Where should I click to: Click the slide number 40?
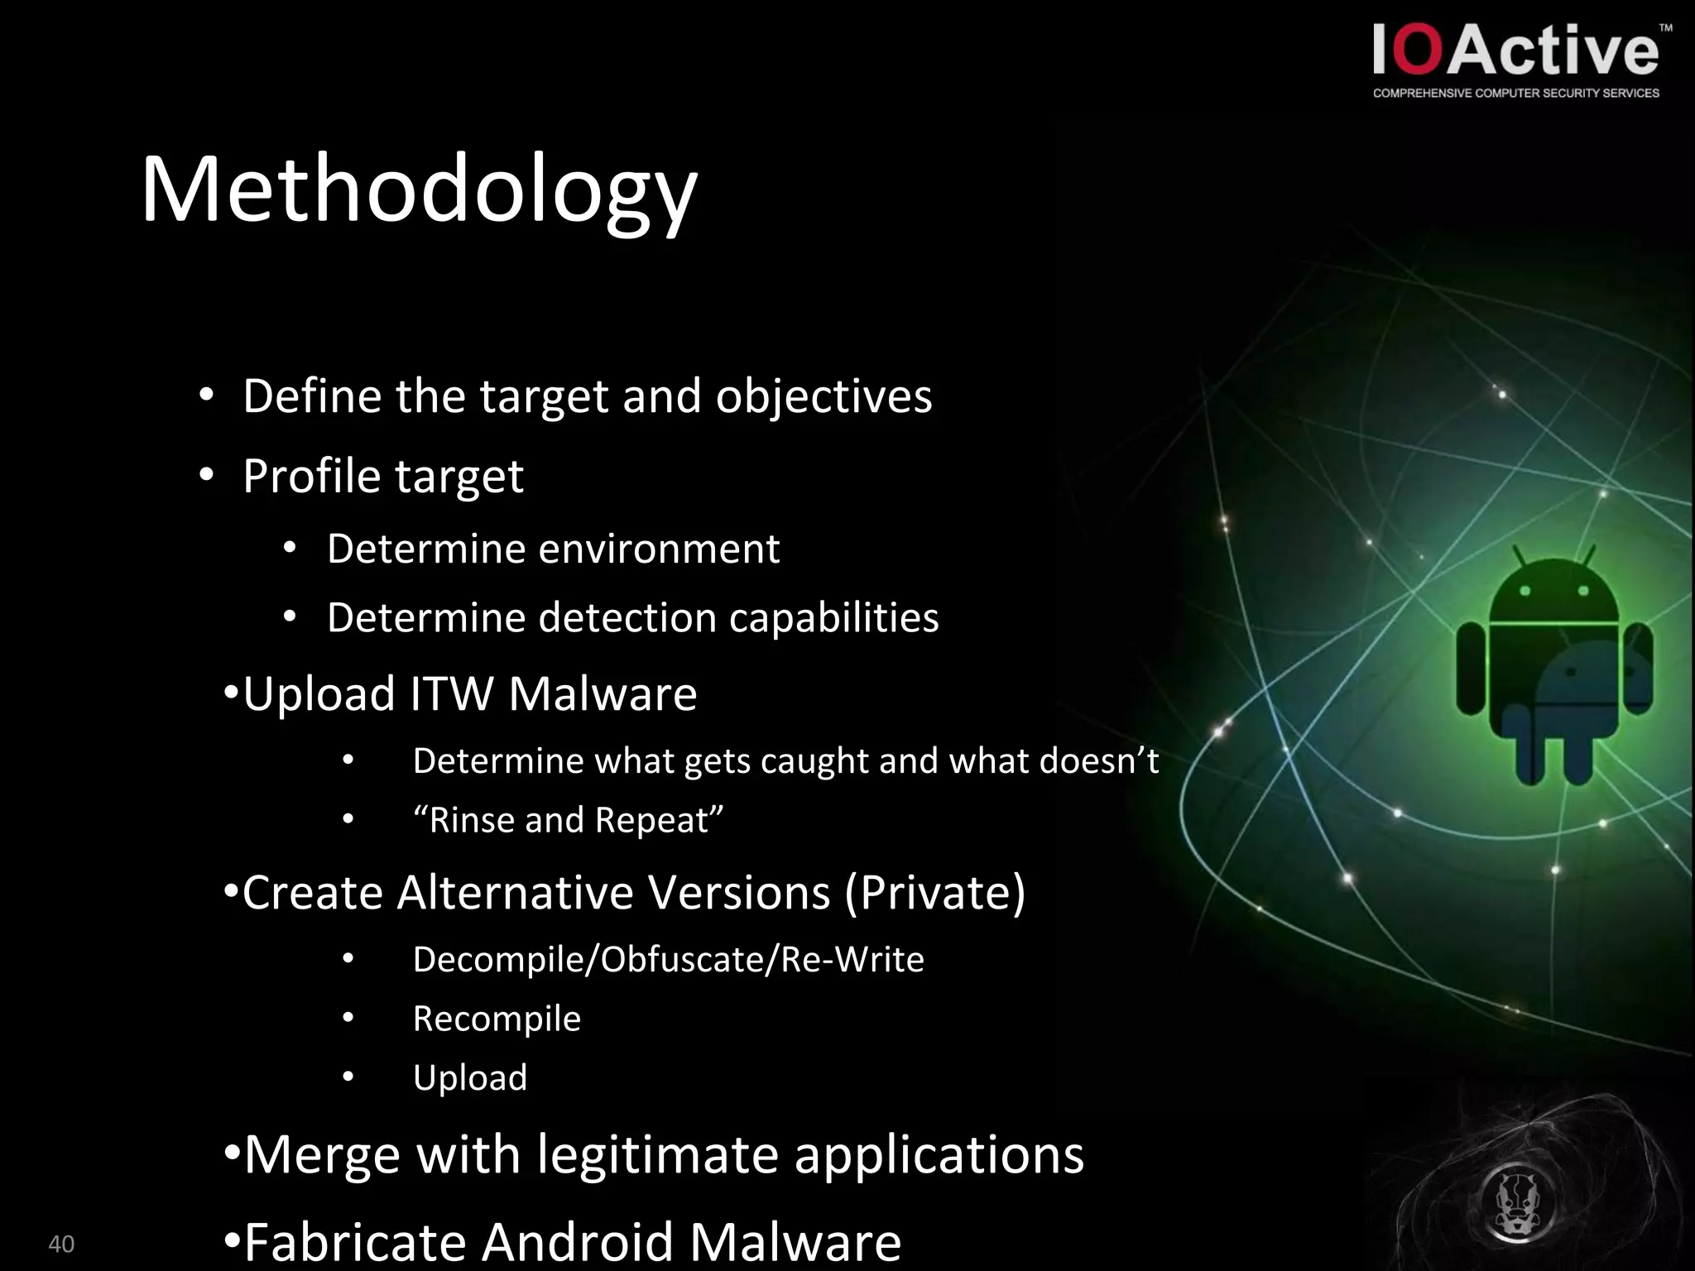(61, 1244)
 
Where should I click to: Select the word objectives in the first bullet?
(823, 396)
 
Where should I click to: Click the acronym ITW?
(452, 693)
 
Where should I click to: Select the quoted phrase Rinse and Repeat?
(569, 820)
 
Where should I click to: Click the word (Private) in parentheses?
(935, 893)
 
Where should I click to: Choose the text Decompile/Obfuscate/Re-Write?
(668, 959)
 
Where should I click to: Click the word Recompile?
(497, 1019)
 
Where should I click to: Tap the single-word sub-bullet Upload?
(470, 1077)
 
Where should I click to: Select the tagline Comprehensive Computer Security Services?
(1516, 94)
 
